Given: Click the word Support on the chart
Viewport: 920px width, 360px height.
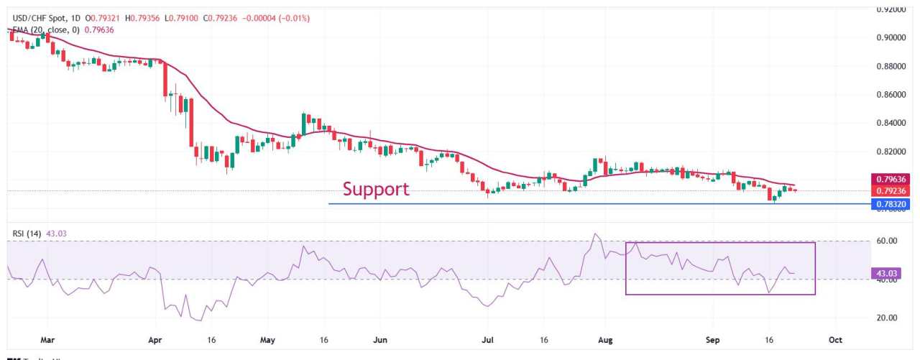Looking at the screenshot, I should tap(375, 189).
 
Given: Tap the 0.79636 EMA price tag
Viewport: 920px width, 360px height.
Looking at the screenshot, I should tap(891, 179).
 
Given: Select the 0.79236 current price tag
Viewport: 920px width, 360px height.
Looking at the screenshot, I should tap(891, 191).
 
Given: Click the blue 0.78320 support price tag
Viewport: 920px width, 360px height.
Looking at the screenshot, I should tap(891, 204).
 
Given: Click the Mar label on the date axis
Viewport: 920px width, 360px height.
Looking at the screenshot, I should tap(47, 338).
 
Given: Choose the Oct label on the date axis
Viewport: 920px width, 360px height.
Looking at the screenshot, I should tap(835, 338).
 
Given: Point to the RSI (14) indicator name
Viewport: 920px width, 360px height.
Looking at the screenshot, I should tap(27, 234).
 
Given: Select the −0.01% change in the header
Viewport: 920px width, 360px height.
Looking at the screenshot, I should tap(295, 18).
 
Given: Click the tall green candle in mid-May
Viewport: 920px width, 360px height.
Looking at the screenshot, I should tap(304, 124).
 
